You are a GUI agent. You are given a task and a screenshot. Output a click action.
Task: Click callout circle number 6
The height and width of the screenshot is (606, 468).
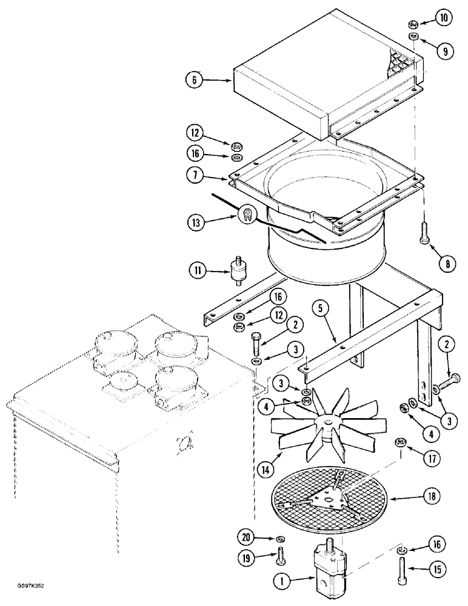pos(195,79)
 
